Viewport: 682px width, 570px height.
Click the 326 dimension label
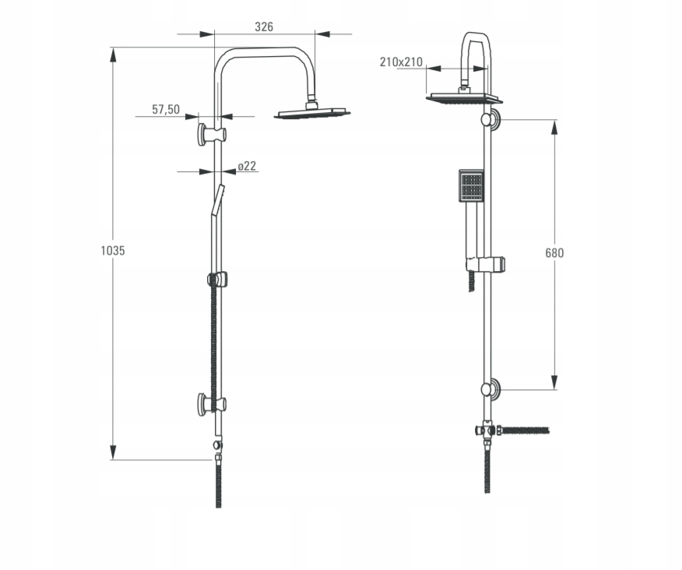tap(264, 27)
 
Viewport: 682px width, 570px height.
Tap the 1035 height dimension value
tap(113, 251)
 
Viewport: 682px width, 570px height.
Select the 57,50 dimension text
tap(166, 110)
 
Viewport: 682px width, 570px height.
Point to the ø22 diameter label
tap(247, 166)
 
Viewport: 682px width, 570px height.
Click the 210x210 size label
tap(401, 62)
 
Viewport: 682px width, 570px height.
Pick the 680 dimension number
tap(554, 253)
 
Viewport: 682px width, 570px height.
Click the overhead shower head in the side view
tap(312, 112)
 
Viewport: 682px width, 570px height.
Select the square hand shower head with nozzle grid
tap(471, 185)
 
